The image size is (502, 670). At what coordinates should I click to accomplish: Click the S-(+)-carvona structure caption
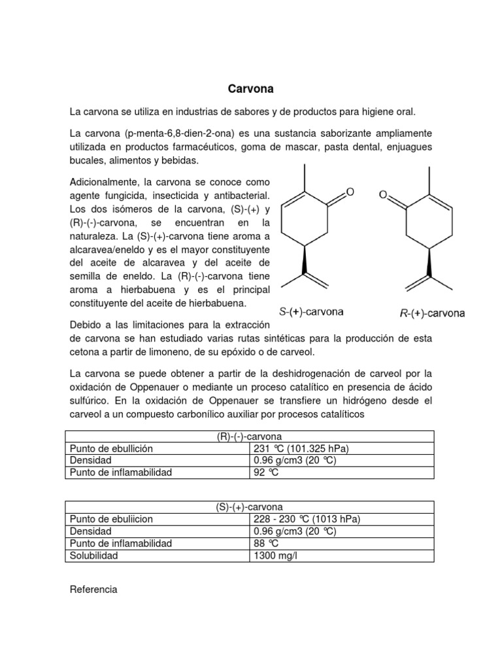tap(312, 312)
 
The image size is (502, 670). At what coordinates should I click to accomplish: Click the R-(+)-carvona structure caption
tap(432, 313)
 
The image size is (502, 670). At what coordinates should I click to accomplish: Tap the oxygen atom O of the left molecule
tap(350, 192)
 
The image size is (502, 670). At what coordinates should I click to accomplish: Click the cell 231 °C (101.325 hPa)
tap(301, 449)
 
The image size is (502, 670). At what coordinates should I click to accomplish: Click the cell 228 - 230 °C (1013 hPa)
tap(307, 519)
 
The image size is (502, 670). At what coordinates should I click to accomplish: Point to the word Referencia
tap(93, 590)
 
